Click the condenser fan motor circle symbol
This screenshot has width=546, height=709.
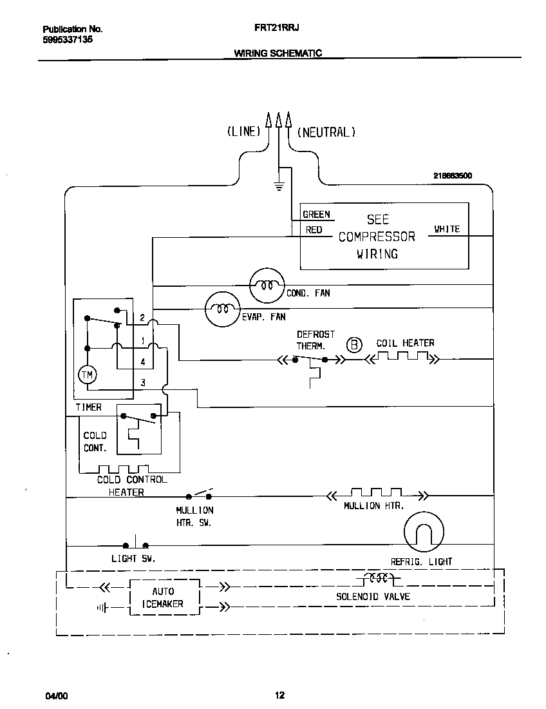266,284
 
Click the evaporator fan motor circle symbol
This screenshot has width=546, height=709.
223,309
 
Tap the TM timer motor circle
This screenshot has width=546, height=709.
86,374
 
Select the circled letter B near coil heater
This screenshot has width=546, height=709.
354,345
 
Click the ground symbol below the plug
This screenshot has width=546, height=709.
279,187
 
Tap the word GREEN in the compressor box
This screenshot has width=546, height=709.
316,215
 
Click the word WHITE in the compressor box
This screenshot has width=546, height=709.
447,229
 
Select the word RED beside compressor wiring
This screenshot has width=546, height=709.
314,230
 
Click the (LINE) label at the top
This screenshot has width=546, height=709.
243,132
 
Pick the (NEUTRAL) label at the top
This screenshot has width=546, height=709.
326,132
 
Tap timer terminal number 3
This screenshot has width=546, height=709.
143,383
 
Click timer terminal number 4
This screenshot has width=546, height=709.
143,362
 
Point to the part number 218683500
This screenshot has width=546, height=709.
453,175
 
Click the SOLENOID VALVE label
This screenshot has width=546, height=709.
373,596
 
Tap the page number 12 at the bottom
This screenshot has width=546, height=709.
279,695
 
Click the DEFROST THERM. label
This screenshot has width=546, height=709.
315,340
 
